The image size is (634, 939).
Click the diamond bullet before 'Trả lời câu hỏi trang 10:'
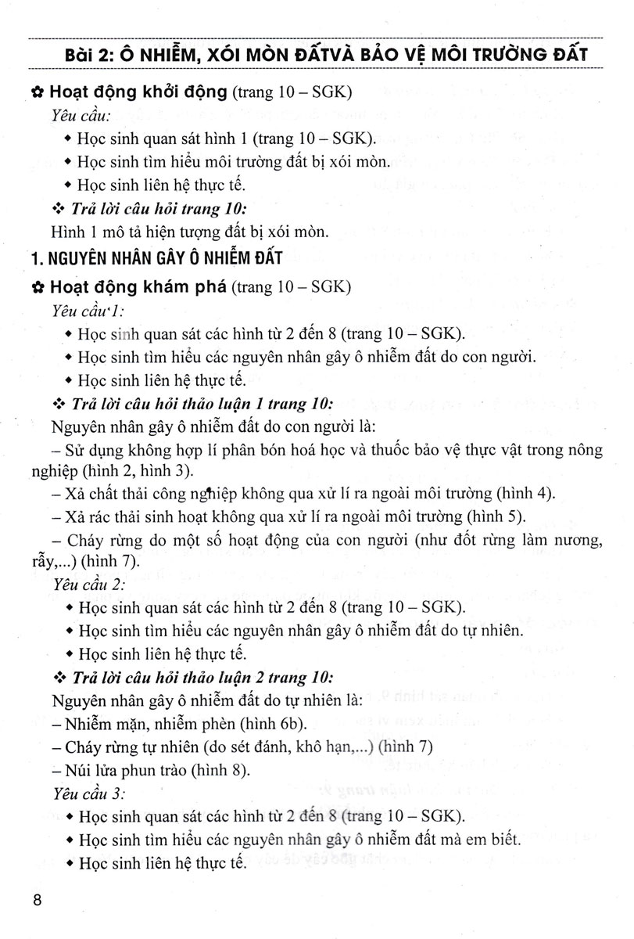pyautogui.click(x=56, y=209)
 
